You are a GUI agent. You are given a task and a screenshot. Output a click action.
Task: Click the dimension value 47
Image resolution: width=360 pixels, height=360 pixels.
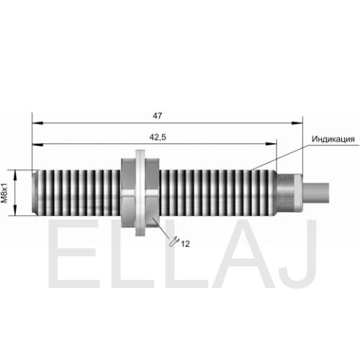(x=157, y=116)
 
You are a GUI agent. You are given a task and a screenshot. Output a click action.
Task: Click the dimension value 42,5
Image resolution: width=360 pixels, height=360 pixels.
(x=158, y=138)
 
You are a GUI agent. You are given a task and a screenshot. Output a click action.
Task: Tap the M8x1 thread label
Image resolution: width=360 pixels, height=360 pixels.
(x=4, y=193)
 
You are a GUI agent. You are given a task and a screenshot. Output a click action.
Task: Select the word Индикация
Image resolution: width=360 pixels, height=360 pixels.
(x=333, y=139)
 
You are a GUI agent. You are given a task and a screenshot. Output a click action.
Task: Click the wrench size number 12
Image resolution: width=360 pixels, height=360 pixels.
(x=185, y=244)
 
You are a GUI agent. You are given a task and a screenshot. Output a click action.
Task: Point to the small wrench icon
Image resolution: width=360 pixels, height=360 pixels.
(x=174, y=241)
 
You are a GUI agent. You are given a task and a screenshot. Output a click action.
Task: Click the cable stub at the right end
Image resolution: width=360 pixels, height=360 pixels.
(x=316, y=193)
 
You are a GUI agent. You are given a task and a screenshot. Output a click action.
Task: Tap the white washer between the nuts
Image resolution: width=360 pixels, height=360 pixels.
(x=140, y=193)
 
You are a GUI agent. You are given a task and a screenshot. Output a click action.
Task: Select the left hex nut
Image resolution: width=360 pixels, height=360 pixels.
(x=128, y=193)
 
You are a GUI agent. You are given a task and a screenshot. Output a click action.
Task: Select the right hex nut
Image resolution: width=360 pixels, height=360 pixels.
(x=152, y=193)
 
